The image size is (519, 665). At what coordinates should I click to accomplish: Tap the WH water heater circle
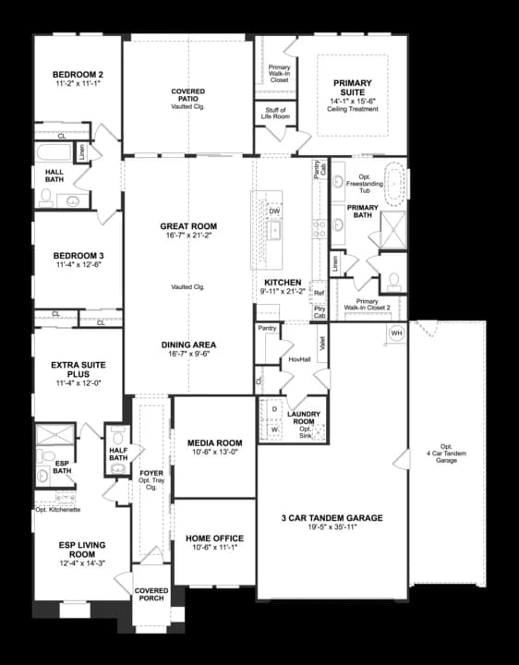click(x=396, y=332)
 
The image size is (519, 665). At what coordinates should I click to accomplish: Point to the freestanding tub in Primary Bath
click(x=396, y=180)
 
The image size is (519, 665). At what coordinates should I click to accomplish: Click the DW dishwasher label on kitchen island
click(x=274, y=212)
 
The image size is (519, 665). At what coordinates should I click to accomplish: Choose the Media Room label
click(x=214, y=442)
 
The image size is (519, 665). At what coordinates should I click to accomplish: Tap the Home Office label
click(x=214, y=538)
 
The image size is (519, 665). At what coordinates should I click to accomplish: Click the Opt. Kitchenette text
click(x=59, y=509)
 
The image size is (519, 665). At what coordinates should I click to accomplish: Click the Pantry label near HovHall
click(x=268, y=328)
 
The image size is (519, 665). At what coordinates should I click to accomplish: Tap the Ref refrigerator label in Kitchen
click(x=320, y=293)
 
